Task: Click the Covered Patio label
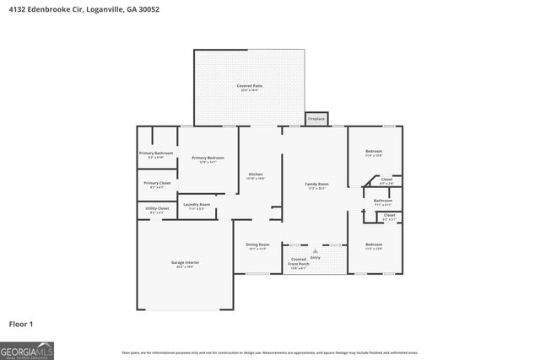[x=251, y=86]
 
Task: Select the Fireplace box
[x=316, y=119]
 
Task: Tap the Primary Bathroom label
[x=156, y=153]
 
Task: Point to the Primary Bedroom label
[x=208, y=159]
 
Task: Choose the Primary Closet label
[x=156, y=184]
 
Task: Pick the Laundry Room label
[x=196, y=205]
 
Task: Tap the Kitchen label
[x=256, y=175]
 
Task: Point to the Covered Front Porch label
[x=299, y=263]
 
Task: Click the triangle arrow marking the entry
[x=315, y=250]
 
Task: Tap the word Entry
[x=315, y=257]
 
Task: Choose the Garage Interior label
[x=185, y=263]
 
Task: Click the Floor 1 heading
[x=21, y=324]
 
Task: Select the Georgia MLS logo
[x=27, y=349]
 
